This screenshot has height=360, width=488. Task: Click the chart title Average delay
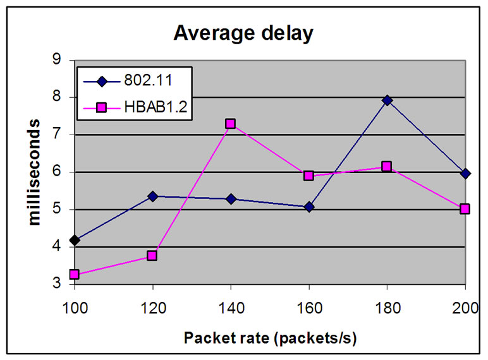[243, 33]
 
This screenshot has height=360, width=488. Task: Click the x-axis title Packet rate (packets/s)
[271, 338]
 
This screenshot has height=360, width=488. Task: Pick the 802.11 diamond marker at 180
[387, 100]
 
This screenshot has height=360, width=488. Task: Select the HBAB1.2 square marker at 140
[231, 124]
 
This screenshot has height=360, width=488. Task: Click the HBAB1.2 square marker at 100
[75, 275]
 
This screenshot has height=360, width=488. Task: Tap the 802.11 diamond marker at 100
[75, 240]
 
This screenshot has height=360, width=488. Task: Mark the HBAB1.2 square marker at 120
[152, 256]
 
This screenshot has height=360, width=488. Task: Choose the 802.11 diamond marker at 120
[152, 196]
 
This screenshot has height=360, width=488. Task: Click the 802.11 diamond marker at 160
[308, 207]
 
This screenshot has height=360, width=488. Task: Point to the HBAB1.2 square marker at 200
[465, 208]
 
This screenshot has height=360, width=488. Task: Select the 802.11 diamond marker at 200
[465, 173]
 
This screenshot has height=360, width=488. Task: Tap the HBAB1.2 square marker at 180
[387, 167]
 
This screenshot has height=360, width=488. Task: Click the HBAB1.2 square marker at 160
[308, 176]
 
